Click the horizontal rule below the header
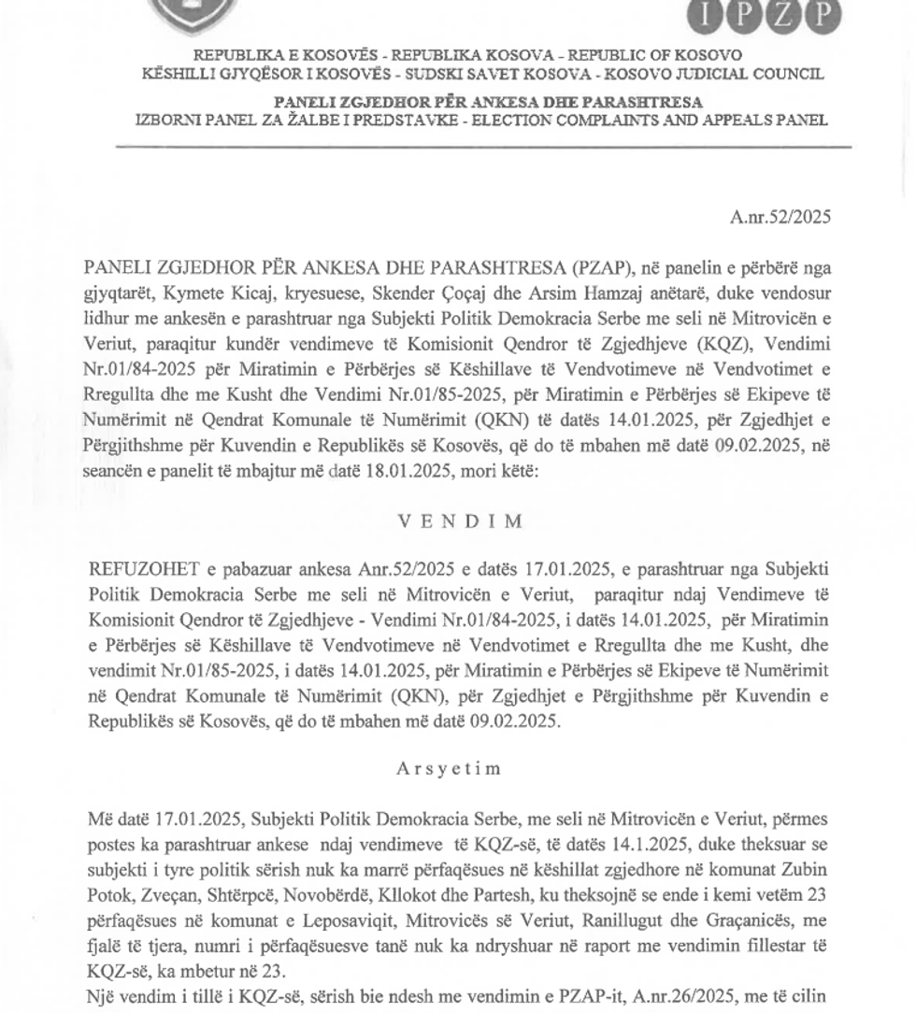coord(483,148)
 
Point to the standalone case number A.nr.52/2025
coord(780,218)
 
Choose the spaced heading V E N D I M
coord(460,521)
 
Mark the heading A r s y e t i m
coord(449,768)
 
